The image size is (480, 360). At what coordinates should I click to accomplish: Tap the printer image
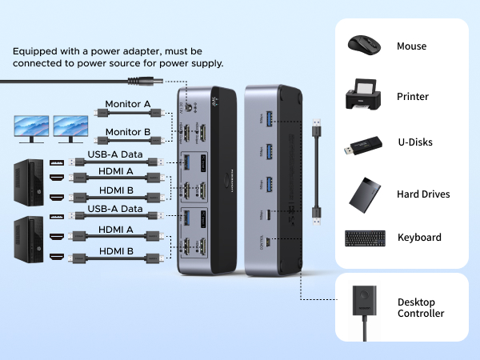click(x=366, y=95)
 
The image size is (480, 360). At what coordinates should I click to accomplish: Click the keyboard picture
click(x=366, y=238)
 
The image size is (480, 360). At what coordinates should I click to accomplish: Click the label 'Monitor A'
click(x=129, y=104)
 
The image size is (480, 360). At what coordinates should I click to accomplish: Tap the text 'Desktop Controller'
click(x=421, y=308)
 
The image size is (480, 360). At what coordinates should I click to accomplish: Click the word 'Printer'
click(x=413, y=97)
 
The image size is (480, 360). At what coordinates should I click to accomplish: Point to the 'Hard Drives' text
click(x=423, y=194)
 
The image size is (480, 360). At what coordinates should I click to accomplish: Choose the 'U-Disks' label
click(x=415, y=142)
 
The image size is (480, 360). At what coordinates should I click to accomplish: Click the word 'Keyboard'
click(x=419, y=238)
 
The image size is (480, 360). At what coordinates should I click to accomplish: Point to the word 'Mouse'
click(x=411, y=46)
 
